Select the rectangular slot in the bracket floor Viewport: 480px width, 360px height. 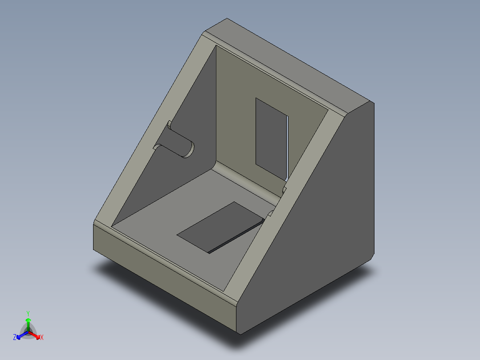(x=218, y=226)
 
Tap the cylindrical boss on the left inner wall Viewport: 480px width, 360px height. (x=177, y=144)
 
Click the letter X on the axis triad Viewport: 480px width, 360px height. (x=42, y=337)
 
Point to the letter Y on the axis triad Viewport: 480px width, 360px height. (x=28, y=313)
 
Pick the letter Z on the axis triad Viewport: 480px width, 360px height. (x=15, y=337)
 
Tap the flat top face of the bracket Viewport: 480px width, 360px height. (x=289, y=62)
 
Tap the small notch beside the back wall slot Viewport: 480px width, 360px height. (x=285, y=190)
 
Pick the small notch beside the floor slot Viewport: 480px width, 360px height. (x=270, y=214)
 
